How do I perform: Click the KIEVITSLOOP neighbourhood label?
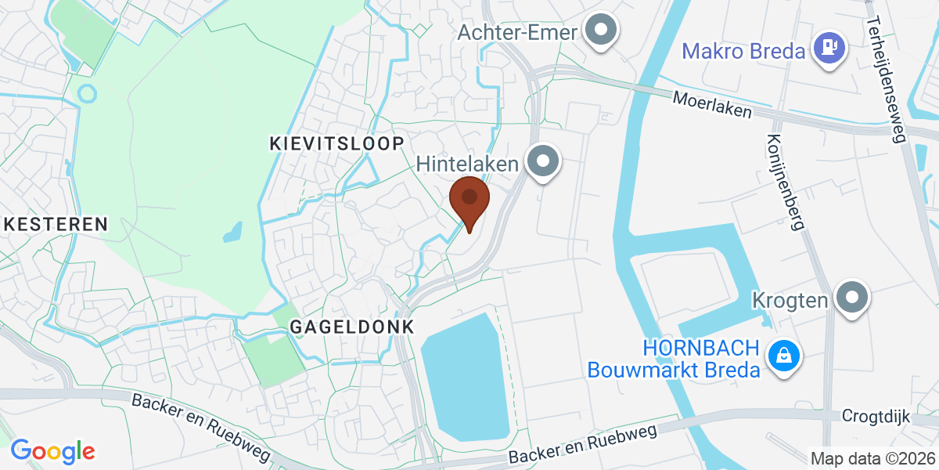tap(336, 143)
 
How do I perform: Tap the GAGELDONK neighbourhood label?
tap(351, 327)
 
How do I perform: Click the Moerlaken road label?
tap(713, 104)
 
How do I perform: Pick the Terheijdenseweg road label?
tap(886, 70)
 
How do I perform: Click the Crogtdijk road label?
tap(876, 417)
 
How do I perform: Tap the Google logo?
tap(52, 451)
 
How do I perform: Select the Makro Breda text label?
tap(743, 52)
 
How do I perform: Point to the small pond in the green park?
tap(232, 232)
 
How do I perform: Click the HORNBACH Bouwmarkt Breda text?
tap(674, 359)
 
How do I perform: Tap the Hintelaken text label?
tap(468, 164)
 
